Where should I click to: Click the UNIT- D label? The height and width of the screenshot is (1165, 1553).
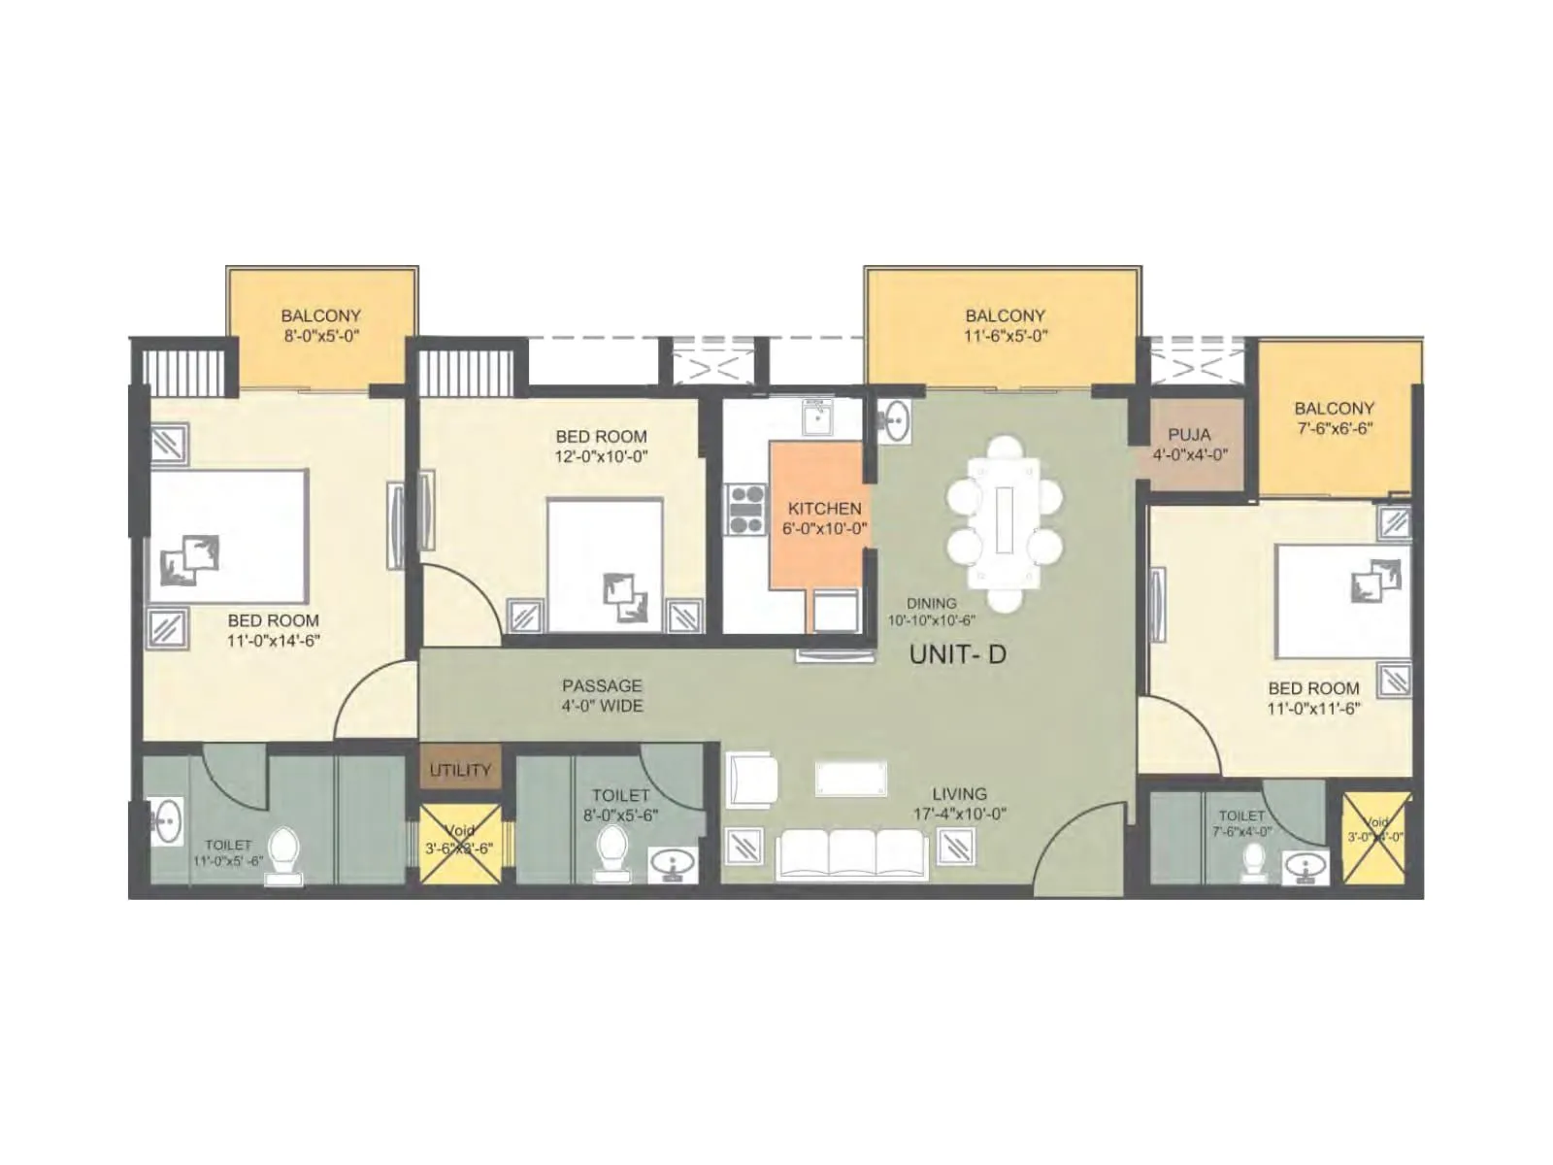pos(957,654)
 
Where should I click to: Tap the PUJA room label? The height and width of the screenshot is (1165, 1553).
pos(1189,445)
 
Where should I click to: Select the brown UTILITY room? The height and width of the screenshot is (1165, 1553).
pos(460,769)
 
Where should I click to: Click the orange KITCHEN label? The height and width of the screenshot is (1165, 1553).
pos(824,517)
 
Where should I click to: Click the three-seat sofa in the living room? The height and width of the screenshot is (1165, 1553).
pos(852,853)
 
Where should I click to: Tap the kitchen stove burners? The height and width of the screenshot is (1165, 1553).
pos(746,511)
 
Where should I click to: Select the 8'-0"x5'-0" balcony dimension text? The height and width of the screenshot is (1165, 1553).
pos(321,336)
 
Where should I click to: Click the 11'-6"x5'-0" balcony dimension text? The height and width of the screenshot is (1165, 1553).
pos(1005,336)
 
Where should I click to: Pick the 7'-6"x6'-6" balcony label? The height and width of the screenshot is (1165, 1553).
pos(1334,418)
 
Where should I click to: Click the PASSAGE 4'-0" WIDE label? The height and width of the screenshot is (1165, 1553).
pos(602,696)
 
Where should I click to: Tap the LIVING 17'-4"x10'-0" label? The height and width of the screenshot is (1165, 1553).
pos(959,804)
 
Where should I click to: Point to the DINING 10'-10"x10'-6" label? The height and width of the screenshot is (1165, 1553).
pos(931,612)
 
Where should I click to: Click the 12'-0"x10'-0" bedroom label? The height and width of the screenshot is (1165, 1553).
pos(601,447)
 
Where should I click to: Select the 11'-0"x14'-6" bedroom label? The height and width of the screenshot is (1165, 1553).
pos(273,630)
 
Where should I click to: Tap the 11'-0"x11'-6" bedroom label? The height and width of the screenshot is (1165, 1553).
pos(1313,698)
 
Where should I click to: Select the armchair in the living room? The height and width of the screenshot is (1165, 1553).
pos(752,779)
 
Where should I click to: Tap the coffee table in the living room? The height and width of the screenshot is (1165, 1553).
pos(851,779)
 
